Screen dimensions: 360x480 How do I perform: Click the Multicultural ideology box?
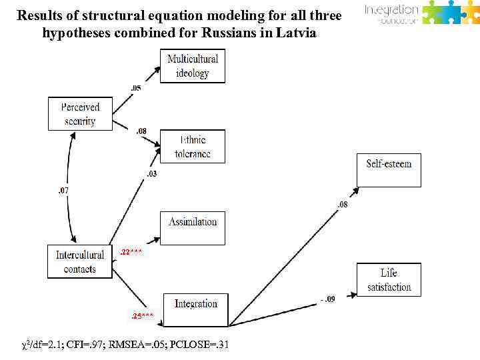(193, 67)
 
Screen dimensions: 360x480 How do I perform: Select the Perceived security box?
(81, 114)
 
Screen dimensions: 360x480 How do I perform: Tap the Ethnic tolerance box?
(193, 147)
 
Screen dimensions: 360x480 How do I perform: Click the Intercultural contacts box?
(80, 261)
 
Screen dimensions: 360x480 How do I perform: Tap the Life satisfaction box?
(389, 280)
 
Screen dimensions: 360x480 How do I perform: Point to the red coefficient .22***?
(131, 252)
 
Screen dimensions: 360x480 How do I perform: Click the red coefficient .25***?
(142, 315)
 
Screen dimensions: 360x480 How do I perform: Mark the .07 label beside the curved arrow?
(63, 191)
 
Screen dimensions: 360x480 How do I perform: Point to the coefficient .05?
(135, 88)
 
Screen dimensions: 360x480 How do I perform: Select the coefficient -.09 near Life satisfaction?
(327, 299)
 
